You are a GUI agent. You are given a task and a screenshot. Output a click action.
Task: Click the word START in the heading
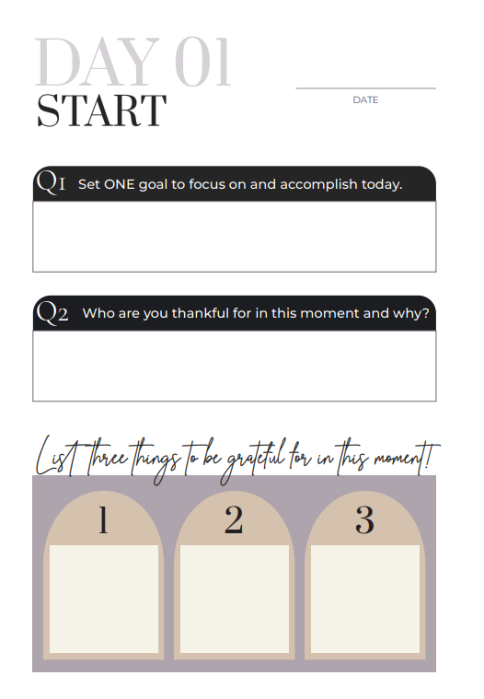[x=101, y=111]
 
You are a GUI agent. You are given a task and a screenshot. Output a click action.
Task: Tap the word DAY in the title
[x=97, y=62]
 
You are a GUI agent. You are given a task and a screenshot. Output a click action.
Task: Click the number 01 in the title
[x=202, y=62]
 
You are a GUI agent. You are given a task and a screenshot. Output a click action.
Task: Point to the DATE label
[x=365, y=99]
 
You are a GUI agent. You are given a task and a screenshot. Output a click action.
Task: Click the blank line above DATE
[x=365, y=88]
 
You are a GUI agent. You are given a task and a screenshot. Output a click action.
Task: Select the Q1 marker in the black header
[x=51, y=182]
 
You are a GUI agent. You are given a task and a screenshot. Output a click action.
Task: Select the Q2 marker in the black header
[x=52, y=312]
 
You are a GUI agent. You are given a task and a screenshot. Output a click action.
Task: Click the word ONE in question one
[x=119, y=184]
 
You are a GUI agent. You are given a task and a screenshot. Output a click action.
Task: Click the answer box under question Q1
[x=235, y=237]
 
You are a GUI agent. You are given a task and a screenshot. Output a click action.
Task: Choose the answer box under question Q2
[x=235, y=366]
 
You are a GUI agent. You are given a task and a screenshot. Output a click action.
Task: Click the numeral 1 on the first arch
[x=103, y=519]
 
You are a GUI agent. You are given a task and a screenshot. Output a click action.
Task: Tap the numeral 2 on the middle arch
[x=234, y=519]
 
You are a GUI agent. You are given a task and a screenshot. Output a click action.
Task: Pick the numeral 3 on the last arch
[x=364, y=519]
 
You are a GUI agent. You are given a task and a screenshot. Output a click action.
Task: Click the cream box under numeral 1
[x=104, y=599]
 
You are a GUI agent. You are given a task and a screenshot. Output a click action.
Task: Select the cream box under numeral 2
[x=235, y=599]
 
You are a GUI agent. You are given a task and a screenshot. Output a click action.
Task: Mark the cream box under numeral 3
[x=365, y=599]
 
